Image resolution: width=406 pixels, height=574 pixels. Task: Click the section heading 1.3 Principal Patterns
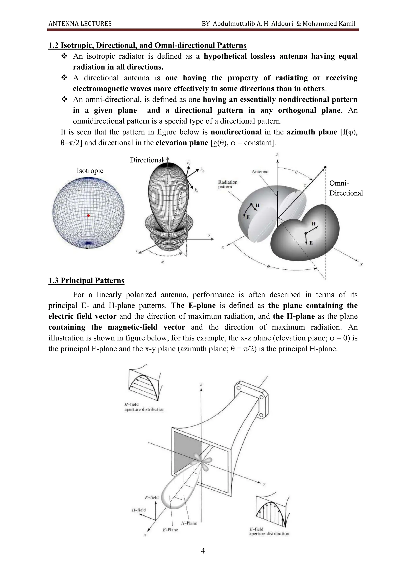point(86,281)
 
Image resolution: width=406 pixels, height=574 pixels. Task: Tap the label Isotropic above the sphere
point(90,171)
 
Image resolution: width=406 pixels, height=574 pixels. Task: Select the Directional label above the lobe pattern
point(146,160)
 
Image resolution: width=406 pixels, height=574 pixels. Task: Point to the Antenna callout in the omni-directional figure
point(260,172)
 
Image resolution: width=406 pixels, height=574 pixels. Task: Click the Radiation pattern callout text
point(228,184)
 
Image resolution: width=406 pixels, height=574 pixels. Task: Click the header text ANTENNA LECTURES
point(80,24)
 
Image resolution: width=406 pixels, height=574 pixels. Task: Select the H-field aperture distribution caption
point(144,407)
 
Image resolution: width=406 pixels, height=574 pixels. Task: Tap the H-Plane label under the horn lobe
point(189,523)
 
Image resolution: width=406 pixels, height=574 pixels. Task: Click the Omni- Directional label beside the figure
point(346,188)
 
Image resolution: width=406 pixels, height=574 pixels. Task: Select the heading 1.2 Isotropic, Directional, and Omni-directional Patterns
point(147,46)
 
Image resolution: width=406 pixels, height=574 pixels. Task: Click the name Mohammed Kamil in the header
point(329,24)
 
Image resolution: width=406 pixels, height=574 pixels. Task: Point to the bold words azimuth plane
point(312,132)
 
